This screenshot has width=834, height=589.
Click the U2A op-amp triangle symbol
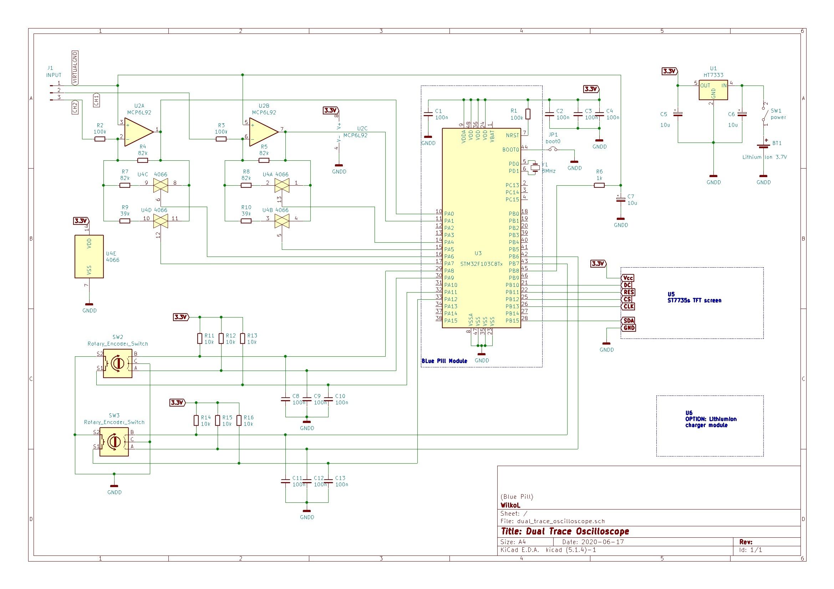point(138,132)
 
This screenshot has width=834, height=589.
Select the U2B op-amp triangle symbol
point(263,132)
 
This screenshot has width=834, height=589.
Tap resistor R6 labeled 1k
point(599,185)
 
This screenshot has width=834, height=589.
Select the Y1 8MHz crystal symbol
point(535,167)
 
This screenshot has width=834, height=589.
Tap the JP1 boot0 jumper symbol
point(553,149)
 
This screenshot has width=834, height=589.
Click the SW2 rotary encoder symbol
point(117,363)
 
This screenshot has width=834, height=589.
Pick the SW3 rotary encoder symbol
point(114,441)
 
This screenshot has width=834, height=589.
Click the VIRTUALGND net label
point(75,68)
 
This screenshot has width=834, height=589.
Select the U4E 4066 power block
point(89,257)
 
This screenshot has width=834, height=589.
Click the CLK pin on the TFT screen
point(628,306)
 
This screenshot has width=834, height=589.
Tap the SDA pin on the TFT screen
point(629,320)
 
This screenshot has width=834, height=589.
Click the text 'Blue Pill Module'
point(444,361)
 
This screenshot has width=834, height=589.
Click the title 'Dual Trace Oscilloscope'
point(565,531)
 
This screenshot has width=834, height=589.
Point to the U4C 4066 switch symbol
point(160,185)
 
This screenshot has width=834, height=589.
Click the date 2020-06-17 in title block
point(602,542)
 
